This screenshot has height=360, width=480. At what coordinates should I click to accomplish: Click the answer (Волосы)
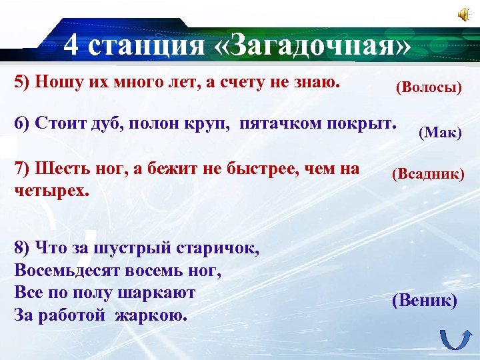point(429,87)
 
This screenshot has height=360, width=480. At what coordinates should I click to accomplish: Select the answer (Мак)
point(440,132)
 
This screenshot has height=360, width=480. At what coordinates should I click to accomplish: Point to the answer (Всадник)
point(428,174)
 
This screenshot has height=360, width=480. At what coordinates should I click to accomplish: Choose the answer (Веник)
point(425,301)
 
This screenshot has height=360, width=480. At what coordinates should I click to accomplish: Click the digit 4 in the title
point(73,46)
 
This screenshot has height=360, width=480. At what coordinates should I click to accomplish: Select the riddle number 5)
point(22,82)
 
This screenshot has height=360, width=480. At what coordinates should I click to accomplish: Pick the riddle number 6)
point(22,124)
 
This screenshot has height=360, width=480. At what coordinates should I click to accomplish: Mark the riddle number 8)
point(22,249)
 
